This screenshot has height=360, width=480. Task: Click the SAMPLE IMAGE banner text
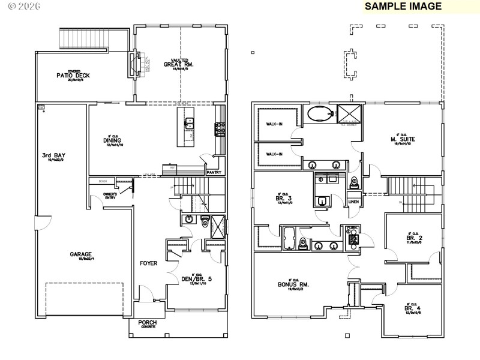(403, 7)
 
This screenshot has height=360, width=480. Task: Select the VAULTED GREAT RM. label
(178, 64)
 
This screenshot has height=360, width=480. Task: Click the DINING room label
(112, 141)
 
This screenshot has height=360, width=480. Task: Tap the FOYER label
(149, 263)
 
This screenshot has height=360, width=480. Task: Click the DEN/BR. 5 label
(196, 278)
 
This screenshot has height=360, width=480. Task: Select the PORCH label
(148, 323)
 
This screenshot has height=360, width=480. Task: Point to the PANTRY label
(214, 172)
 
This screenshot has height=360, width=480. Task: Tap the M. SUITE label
(403, 139)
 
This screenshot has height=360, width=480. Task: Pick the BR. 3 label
(283, 198)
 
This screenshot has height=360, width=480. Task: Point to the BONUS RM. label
(293, 284)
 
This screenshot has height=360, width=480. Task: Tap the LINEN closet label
(353, 202)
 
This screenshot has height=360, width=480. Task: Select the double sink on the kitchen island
(189, 123)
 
